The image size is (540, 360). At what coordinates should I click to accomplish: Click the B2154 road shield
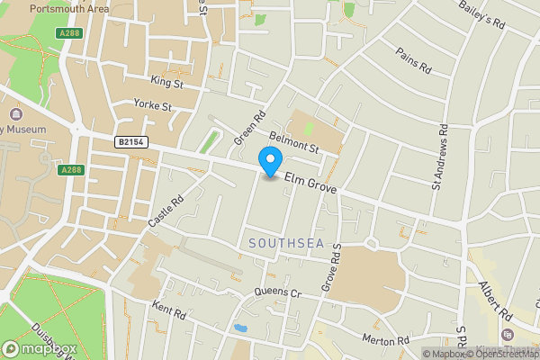(x=130, y=142)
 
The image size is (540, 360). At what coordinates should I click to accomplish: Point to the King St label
(x=166, y=83)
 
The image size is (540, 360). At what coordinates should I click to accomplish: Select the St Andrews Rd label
(x=438, y=162)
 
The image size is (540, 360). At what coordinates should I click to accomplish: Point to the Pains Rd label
(x=415, y=60)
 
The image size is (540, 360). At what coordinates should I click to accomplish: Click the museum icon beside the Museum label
(x=16, y=115)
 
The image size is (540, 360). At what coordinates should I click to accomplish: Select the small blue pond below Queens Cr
(x=239, y=328)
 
